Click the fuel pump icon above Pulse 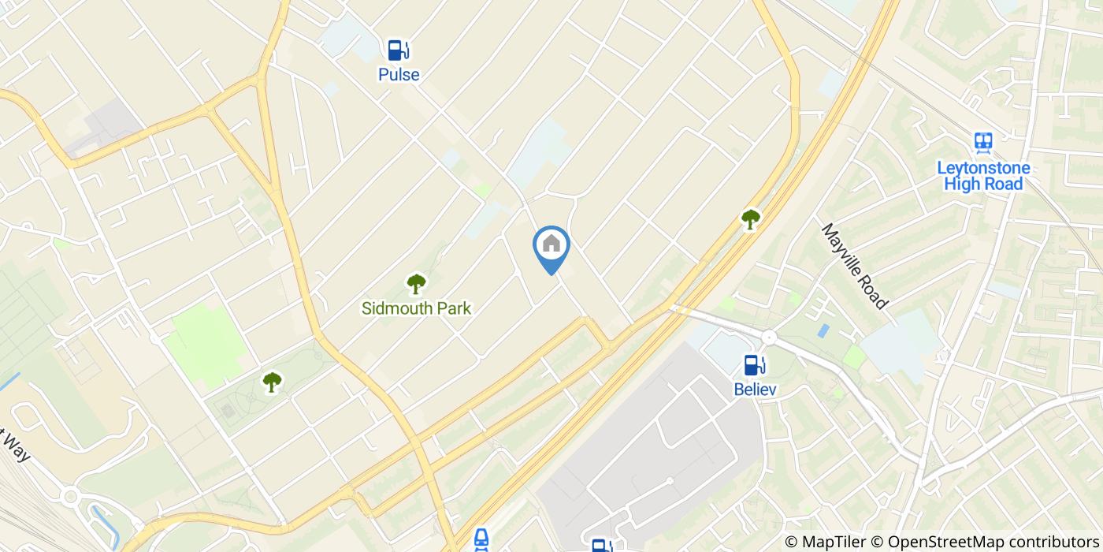[398, 50]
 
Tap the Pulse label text [399, 75]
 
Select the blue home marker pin [551, 248]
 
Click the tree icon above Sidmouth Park [416, 283]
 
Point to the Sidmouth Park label [416, 308]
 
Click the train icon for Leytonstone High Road [982, 143]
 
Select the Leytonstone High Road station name [982, 176]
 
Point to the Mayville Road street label [855, 266]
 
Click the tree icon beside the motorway [750, 219]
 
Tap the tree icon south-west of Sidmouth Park [272, 382]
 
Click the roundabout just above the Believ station [769, 338]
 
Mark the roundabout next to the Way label [70, 497]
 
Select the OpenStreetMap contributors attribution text [992, 542]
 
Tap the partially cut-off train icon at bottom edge [481, 541]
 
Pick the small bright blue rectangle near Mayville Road [823, 330]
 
